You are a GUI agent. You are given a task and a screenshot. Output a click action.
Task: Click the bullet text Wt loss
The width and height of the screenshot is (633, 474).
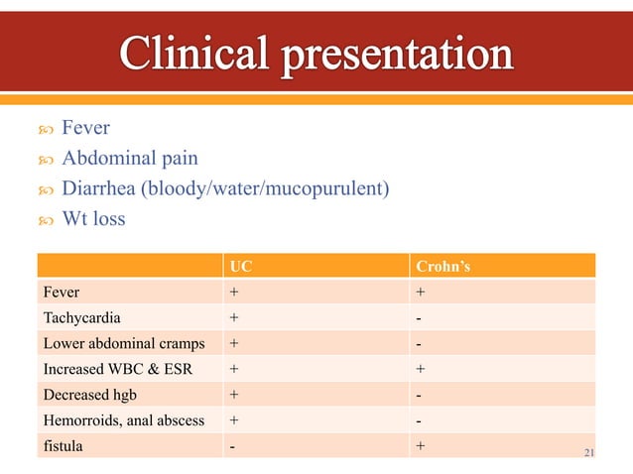93,218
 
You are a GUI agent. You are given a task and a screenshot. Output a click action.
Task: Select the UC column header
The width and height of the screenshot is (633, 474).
240,266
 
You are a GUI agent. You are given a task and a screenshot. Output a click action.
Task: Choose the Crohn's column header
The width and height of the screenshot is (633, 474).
441,266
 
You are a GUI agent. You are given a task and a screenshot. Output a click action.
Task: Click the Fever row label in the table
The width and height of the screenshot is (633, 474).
61,292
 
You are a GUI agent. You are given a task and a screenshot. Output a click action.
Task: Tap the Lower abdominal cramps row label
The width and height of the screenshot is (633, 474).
123,343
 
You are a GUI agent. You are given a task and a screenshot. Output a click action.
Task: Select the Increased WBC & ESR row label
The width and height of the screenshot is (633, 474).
114,369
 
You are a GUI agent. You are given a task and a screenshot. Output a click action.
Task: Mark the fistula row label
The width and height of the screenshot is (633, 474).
63,446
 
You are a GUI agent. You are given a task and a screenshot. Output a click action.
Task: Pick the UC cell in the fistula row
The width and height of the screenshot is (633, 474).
233,446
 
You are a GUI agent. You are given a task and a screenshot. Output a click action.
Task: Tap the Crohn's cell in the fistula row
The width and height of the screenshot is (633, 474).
421,446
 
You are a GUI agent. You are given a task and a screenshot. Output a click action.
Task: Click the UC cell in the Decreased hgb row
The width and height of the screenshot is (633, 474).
234,395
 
